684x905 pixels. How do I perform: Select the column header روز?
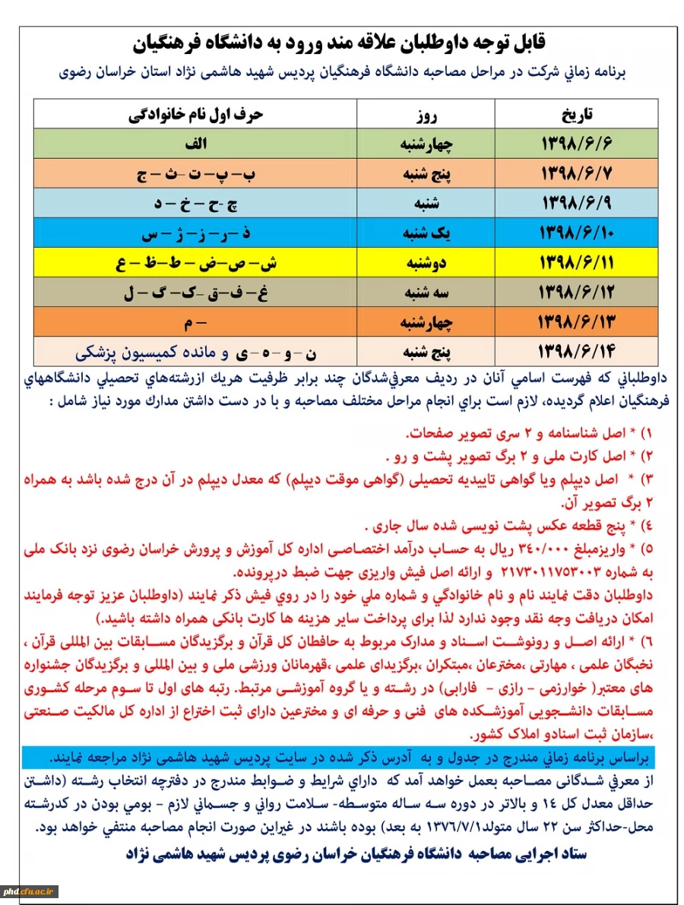[426, 114]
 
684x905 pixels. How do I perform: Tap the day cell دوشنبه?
[426, 262]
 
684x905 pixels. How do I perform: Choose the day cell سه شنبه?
[426, 292]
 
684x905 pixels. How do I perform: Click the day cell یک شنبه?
[426, 233]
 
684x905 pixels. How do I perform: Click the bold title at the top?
[341, 43]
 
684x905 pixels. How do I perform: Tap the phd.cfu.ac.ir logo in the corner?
[31, 891]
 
